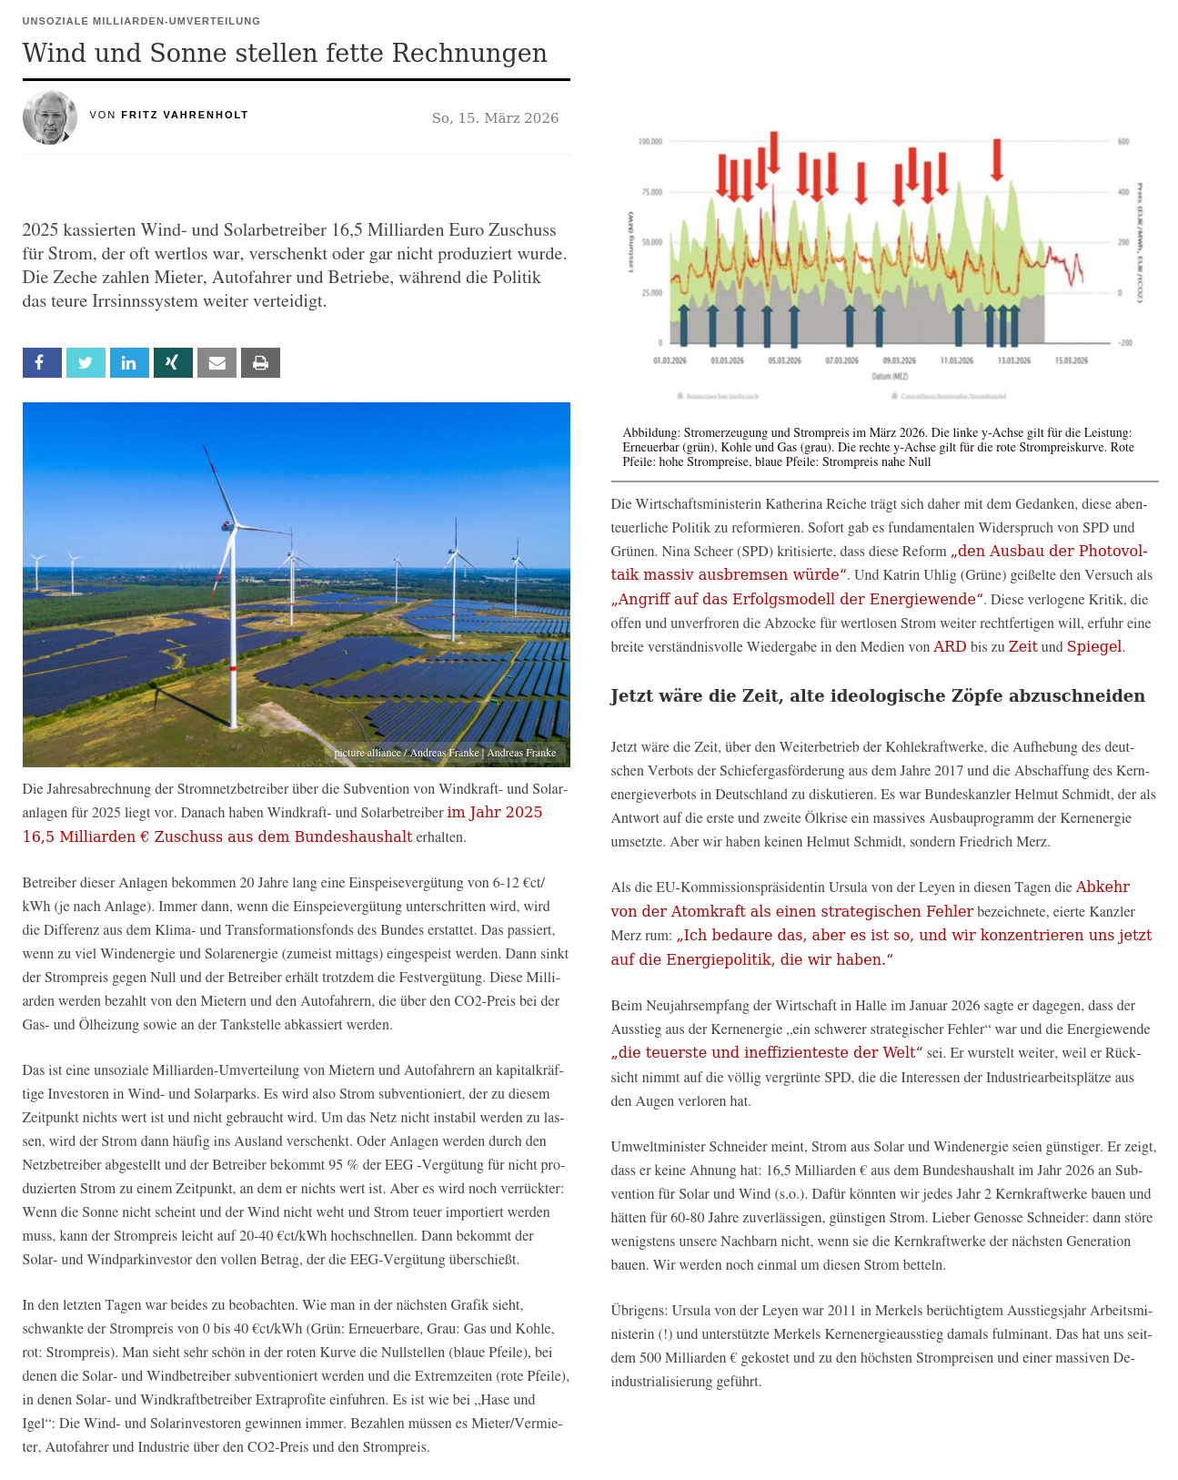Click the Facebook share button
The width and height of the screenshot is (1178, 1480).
[42, 362]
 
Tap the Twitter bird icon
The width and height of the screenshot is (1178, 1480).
[86, 362]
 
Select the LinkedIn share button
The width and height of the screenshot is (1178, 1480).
[129, 362]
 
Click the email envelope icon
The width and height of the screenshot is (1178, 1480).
[216, 362]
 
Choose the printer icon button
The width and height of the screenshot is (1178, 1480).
[260, 362]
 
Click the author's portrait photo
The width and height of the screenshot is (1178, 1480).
[50, 117]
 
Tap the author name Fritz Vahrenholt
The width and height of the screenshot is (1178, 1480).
[185, 115]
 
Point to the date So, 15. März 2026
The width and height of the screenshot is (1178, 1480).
[495, 118]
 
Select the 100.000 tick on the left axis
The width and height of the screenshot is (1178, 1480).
[649, 142]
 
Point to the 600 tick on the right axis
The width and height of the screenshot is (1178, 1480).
[1123, 142]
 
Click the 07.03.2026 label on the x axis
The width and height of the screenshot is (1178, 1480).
[841, 361]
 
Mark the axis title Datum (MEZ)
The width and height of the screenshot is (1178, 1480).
[890, 376]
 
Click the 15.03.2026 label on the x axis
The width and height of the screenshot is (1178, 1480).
[1072, 361]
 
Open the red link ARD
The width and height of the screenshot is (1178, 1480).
[950, 646]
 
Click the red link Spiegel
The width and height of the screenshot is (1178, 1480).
[1094, 646]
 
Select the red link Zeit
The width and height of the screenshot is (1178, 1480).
[1022, 646]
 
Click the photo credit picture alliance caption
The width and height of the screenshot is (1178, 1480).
[445, 753]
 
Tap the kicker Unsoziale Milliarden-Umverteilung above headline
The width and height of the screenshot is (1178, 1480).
[141, 21]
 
